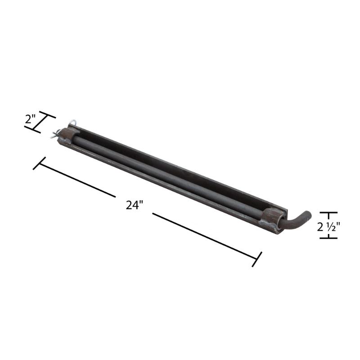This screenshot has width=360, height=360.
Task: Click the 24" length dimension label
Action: pos(134,205)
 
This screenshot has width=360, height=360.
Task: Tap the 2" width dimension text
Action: pos(31,120)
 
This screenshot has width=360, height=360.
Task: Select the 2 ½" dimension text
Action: pos(328,227)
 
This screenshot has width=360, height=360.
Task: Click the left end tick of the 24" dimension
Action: pos(39,163)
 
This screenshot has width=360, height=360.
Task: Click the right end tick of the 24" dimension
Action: pos(256,259)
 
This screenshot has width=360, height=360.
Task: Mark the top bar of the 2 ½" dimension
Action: pos(328,213)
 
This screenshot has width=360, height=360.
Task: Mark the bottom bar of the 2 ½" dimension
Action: pos(328,238)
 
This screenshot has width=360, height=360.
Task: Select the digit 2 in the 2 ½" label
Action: pos(320,227)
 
